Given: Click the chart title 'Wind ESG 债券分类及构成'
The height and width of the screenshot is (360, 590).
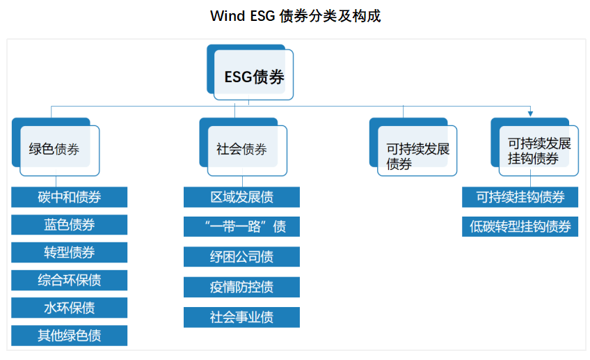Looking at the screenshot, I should coord(295,16).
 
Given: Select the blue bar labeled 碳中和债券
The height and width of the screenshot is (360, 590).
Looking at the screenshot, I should coord(70,197).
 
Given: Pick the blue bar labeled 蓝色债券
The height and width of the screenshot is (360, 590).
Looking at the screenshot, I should coord(70,224).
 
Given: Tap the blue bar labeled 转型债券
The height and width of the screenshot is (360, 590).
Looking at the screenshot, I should coord(70,252).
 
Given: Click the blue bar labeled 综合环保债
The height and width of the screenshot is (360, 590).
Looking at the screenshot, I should coord(70,280).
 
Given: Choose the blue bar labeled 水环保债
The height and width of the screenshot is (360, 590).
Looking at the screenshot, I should coord(70,307).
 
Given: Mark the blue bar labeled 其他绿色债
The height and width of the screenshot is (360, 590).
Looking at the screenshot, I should coord(70,335).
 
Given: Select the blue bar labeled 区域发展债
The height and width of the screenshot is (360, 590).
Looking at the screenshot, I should coord(241,197).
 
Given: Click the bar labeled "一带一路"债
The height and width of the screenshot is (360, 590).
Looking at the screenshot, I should coord(241,226).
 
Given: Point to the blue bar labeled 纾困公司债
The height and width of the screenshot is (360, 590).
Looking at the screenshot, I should coord(241,256).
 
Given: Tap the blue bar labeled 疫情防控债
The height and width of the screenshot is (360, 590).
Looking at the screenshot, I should coord(241,287).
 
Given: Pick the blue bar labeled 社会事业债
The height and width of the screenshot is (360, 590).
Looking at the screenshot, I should coord(241,317).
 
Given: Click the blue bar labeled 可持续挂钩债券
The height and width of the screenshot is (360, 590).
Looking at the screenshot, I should coord(520,197).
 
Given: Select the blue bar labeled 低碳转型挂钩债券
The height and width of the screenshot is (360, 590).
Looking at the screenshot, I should coord(520,226).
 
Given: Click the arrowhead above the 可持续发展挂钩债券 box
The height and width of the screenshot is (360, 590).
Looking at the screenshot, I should coord(530,114).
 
